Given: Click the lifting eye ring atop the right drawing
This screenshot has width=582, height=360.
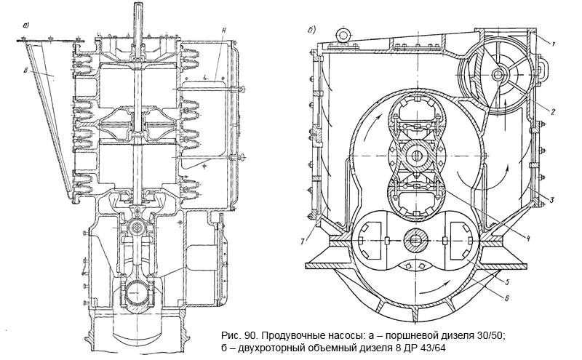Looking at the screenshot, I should click(340, 32).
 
